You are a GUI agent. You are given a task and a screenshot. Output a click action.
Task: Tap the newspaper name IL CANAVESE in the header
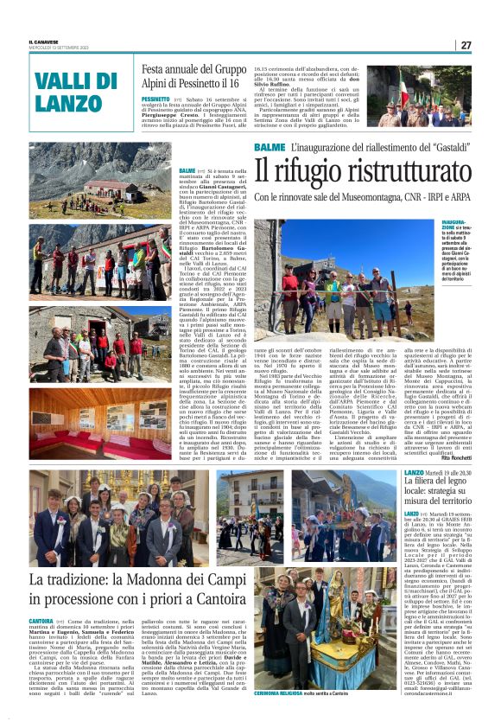(x=43, y=42)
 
